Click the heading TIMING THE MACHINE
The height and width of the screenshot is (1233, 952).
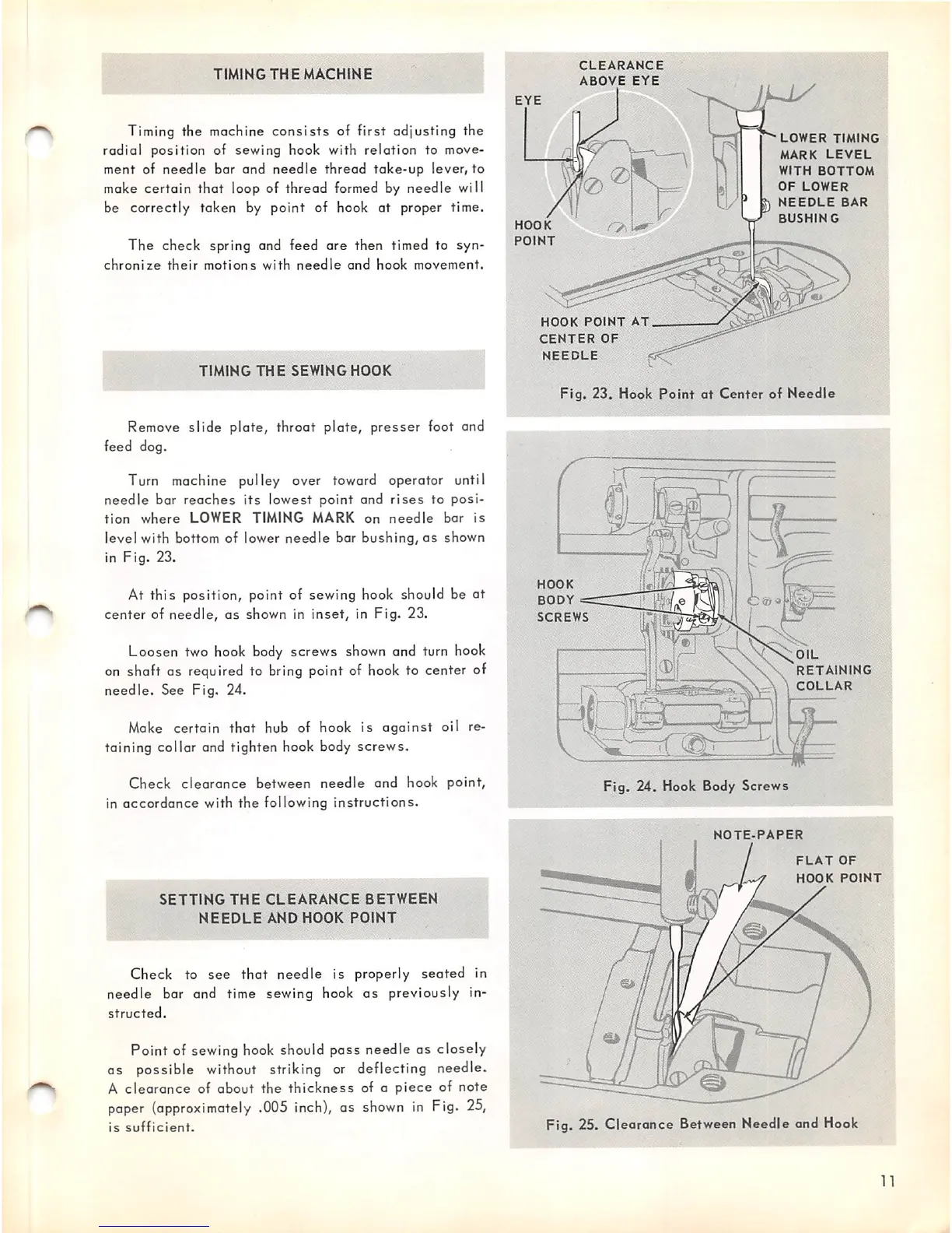292,74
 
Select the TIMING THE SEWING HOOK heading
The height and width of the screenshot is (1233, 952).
295,371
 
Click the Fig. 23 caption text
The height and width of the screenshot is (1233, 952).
697,394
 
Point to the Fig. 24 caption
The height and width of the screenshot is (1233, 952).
695,786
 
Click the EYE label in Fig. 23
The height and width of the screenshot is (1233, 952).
528,100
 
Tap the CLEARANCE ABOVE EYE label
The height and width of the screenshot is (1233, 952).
621,73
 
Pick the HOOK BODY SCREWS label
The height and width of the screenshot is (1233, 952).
562,600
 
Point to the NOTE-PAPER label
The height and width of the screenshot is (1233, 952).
758,835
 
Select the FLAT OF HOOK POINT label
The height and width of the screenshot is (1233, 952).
838,869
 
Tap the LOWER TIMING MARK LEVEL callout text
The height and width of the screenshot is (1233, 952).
827,178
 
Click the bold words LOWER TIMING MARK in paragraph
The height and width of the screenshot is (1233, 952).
272,518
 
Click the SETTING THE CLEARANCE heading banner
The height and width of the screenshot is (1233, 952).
299,908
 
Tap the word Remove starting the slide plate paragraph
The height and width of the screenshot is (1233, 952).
153,427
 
